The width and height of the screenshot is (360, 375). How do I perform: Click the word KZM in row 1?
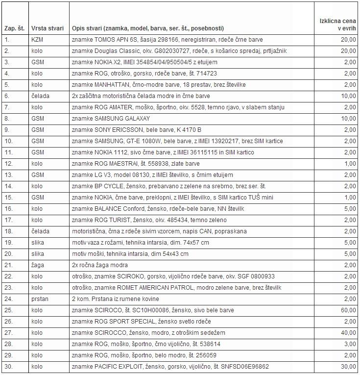click(x=37, y=40)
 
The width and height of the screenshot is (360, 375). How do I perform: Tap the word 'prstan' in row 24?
click(x=40, y=299)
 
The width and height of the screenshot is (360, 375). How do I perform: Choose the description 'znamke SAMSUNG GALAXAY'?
click(x=111, y=119)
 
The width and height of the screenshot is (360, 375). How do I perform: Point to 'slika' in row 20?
click(x=38, y=254)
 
